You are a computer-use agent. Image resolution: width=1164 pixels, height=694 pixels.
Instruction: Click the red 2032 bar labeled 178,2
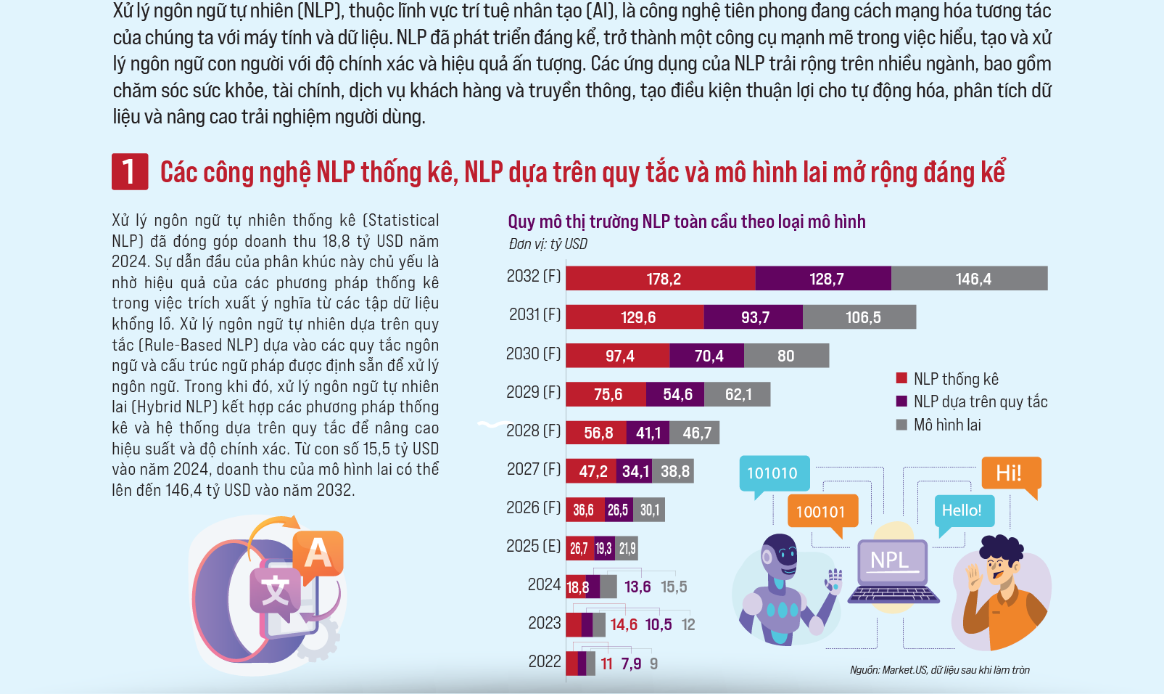pyautogui.click(x=661, y=279)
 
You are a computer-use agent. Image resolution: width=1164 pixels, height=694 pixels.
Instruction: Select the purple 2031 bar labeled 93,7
pyautogui.click(x=754, y=317)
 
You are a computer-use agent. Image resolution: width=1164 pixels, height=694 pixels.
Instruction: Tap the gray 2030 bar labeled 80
pyautogui.click(x=786, y=356)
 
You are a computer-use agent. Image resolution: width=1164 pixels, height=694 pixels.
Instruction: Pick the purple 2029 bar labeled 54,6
pyautogui.click(x=677, y=394)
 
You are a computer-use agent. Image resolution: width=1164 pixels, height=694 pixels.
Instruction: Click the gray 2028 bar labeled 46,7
pyautogui.click(x=696, y=433)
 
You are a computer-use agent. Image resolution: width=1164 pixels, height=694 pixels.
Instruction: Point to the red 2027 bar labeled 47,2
pyautogui.click(x=592, y=471)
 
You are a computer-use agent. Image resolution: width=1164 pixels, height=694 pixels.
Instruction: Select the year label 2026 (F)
pyautogui.click(x=534, y=507)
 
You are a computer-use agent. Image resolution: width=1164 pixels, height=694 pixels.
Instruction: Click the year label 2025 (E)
pyautogui.click(x=534, y=546)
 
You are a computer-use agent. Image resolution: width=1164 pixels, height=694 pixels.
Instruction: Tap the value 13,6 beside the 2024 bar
pyautogui.click(x=637, y=587)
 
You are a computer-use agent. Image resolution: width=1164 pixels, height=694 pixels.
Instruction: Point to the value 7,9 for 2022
pyautogui.click(x=631, y=664)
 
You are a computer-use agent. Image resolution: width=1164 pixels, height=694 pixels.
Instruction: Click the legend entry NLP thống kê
pyautogui.click(x=955, y=379)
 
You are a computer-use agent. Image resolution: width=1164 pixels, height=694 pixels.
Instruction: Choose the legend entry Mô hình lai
pyautogui.click(x=946, y=425)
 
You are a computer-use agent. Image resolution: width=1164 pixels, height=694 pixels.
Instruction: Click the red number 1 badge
pyautogui.click(x=130, y=172)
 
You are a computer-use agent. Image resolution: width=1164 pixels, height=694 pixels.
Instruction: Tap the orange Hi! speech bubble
pyautogui.click(x=1010, y=473)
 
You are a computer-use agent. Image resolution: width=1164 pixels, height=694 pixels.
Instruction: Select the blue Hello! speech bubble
pyautogui.click(x=962, y=511)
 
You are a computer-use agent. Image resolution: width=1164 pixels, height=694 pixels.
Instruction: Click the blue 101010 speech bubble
pyautogui.click(x=773, y=473)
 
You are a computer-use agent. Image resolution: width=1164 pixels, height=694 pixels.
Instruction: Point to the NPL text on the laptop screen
pyautogui.click(x=889, y=560)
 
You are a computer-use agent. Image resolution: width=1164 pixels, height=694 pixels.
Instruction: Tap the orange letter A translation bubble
pyautogui.click(x=318, y=554)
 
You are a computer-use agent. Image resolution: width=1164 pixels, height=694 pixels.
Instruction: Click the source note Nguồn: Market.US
pyautogui.click(x=939, y=670)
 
